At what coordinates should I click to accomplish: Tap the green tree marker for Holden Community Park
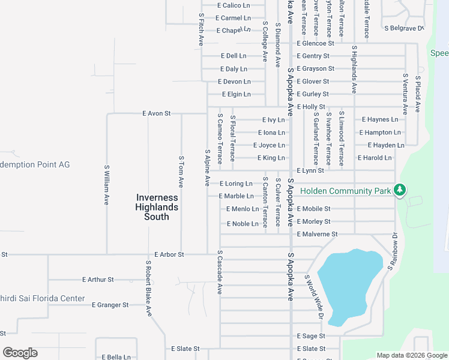pyautogui.click(x=399, y=191)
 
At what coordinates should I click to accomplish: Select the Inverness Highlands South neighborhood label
pyautogui.click(x=157, y=207)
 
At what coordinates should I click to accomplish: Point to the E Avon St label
pyautogui.click(x=157, y=113)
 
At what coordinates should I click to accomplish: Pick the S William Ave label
pyautogui.click(x=107, y=186)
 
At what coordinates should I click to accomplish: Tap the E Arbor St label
pyautogui.click(x=169, y=254)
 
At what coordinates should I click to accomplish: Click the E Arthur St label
pyautogui.click(x=98, y=280)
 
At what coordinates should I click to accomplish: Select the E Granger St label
pyautogui.click(x=110, y=305)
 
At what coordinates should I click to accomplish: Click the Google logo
pyautogui.click(x=20, y=353)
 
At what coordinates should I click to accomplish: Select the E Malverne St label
pyautogui.click(x=317, y=234)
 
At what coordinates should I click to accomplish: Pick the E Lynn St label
pyautogui.click(x=310, y=170)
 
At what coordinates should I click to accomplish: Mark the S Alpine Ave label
pyautogui.click(x=208, y=167)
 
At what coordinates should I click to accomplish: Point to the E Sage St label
pyautogui.click(x=311, y=336)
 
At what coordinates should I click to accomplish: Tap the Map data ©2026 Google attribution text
pyautogui.click(x=412, y=355)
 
